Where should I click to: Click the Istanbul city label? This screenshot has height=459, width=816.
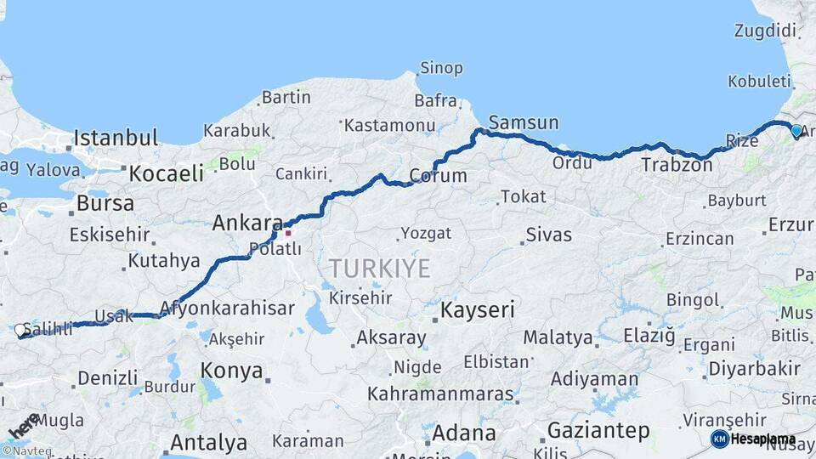(x=116, y=138)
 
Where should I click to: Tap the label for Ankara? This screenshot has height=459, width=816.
(x=246, y=224)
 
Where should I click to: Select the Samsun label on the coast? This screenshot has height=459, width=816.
(x=524, y=122)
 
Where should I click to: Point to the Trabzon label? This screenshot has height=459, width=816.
(x=677, y=165)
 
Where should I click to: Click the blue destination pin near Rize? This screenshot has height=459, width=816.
(x=796, y=131)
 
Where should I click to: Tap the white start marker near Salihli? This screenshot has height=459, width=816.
(x=20, y=330)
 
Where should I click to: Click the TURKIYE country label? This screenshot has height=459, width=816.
(x=380, y=269)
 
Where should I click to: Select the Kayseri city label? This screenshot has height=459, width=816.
(x=478, y=309)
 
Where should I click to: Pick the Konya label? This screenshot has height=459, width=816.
(x=231, y=371)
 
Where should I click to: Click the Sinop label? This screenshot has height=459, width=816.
(x=441, y=68)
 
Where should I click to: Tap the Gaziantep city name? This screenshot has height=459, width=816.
(x=598, y=430)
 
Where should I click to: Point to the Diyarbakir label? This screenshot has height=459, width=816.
(x=754, y=369)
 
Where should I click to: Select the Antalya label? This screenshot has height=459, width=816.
(x=208, y=443)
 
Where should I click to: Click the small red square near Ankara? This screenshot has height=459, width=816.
(x=288, y=232)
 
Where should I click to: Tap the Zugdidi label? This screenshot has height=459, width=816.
(x=767, y=31)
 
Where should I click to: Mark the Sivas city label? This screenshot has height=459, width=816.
(x=549, y=235)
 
